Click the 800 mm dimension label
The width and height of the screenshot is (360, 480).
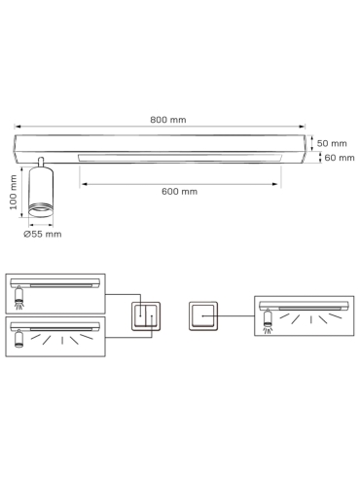(x=168, y=120)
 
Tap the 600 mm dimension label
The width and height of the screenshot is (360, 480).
(x=179, y=192)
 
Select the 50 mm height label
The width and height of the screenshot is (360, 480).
(x=332, y=143)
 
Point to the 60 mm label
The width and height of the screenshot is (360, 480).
(x=340, y=158)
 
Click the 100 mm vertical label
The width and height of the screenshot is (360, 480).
(x=14, y=192)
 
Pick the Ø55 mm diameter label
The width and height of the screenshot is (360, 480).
(x=43, y=234)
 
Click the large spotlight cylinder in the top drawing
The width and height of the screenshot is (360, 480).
(x=41, y=192)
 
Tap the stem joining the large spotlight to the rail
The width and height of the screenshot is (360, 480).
(x=41, y=162)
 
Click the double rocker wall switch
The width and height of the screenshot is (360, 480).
(x=146, y=316)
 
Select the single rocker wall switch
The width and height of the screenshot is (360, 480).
(x=203, y=316)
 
